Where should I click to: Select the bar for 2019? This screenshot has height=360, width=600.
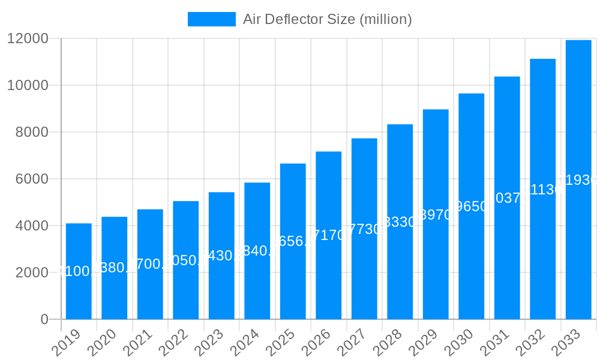[x=79, y=271]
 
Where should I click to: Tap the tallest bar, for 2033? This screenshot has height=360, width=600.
[x=578, y=180]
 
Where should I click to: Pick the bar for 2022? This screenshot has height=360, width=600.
[x=186, y=260]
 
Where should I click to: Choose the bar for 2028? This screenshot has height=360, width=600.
[x=400, y=222]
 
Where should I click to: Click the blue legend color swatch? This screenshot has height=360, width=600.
[x=211, y=19]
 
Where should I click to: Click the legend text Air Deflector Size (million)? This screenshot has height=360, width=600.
[x=327, y=19]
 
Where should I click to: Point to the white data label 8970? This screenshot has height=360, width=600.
[x=436, y=215]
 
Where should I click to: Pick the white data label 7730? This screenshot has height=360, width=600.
[x=364, y=229]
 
